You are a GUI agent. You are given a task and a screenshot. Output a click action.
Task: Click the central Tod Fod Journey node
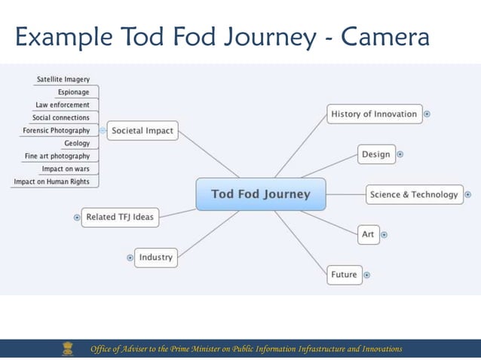point(261,194)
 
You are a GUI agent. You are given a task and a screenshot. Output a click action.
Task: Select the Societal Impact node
point(142,130)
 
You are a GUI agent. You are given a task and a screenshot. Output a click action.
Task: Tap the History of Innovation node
point(373,114)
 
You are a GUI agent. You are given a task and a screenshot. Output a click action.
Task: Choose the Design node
point(375,154)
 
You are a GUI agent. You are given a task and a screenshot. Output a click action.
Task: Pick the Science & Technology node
point(413,194)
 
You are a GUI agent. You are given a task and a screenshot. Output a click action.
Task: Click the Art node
point(368,234)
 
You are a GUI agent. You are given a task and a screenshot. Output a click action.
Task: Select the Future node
point(344,274)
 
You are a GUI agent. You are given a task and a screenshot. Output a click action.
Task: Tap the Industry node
point(155,257)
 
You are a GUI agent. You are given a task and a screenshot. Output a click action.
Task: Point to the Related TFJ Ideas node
point(119,217)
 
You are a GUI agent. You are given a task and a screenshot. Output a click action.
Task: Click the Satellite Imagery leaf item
point(63,79)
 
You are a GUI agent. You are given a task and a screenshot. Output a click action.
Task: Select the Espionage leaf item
point(73,92)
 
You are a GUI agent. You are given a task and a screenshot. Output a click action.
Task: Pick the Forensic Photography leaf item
point(56,130)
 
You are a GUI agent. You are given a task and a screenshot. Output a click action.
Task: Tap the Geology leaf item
point(77,143)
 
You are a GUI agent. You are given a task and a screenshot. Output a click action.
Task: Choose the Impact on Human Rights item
point(51,182)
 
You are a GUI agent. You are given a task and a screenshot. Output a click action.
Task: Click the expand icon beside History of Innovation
point(427,114)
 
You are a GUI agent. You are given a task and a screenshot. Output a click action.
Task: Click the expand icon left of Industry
point(130,258)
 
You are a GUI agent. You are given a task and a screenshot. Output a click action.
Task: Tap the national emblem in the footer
point(69,348)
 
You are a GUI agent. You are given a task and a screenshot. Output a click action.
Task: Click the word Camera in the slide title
point(385,36)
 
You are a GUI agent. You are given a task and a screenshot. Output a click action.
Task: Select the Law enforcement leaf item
point(63,105)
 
